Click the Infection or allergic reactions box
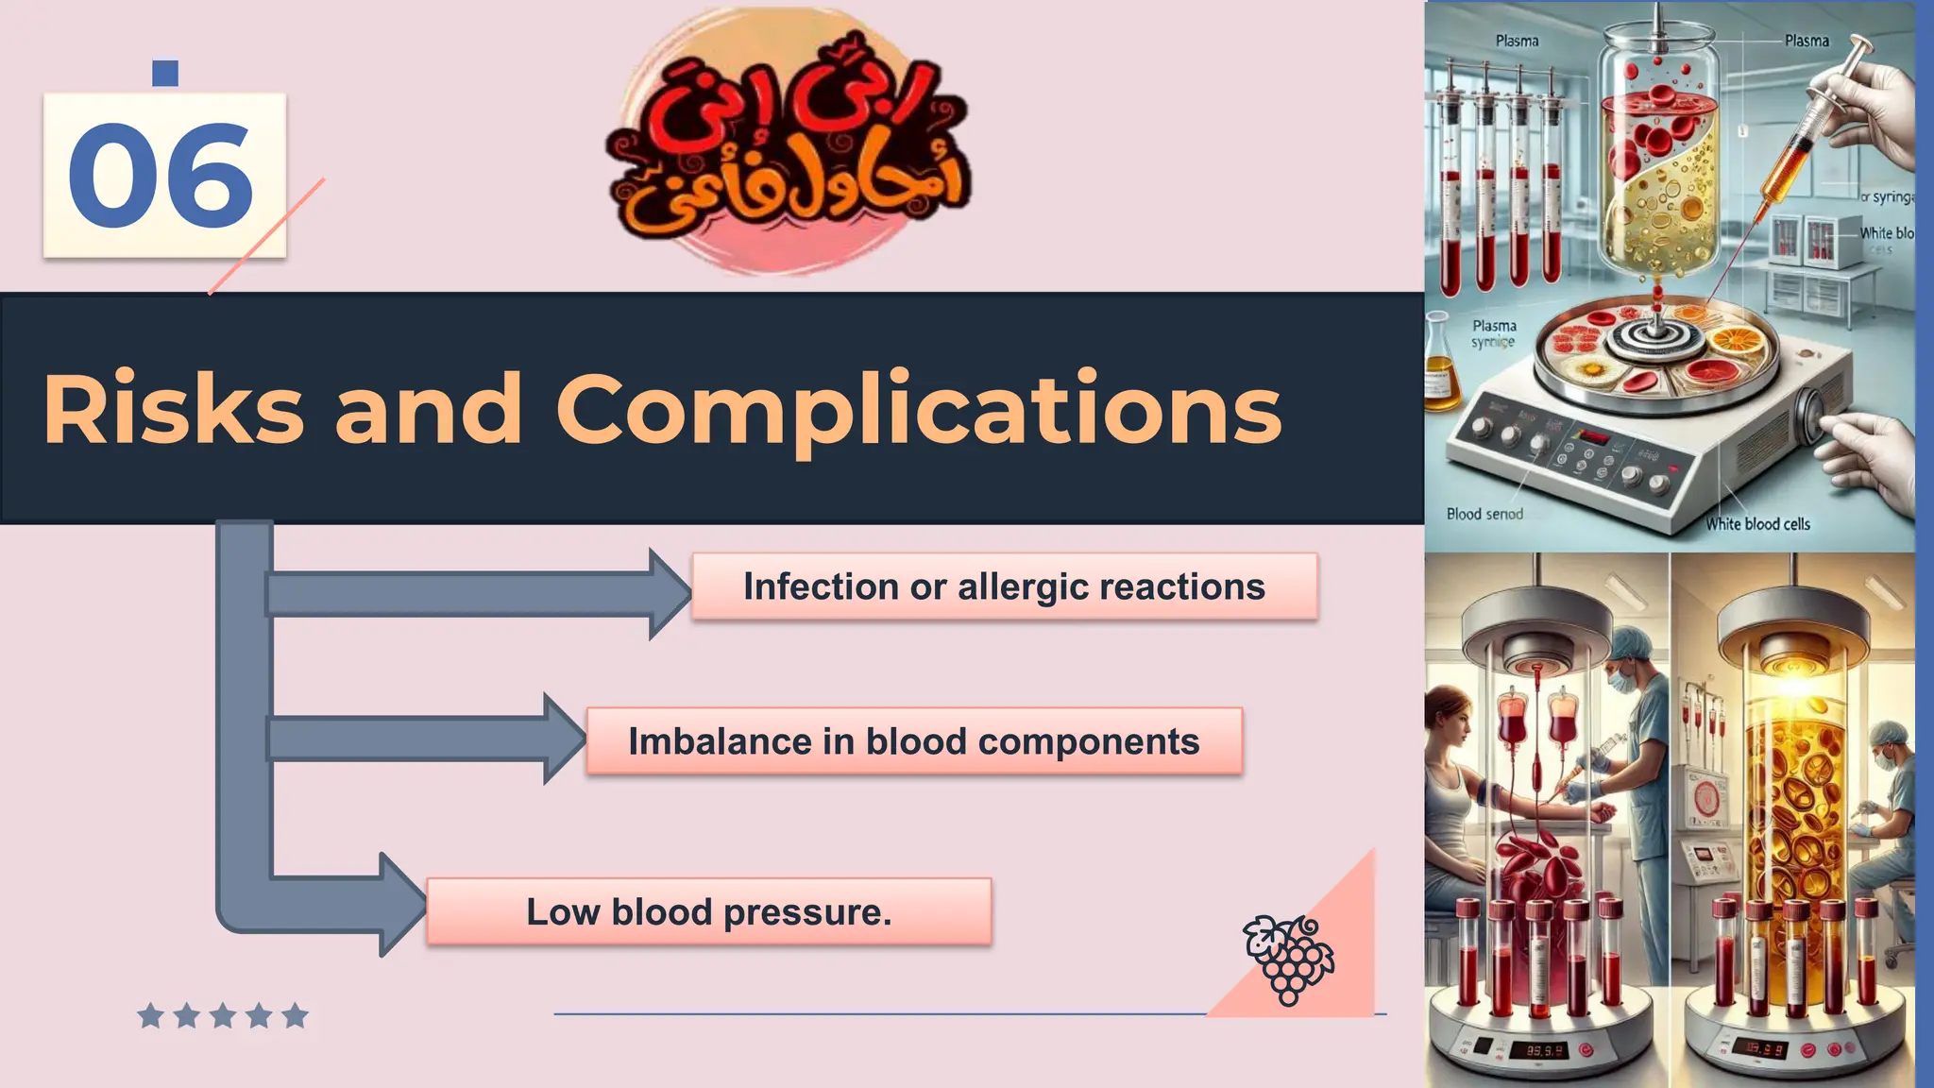(x=1004, y=586)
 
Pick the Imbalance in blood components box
(x=913, y=741)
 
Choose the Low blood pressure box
(x=708, y=911)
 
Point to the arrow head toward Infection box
(x=670, y=594)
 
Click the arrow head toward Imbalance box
(x=565, y=739)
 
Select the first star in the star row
(x=150, y=1016)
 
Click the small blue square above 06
(x=165, y=73)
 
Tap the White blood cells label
(x=1757, y=524)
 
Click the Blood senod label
(x=1484, y=514)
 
